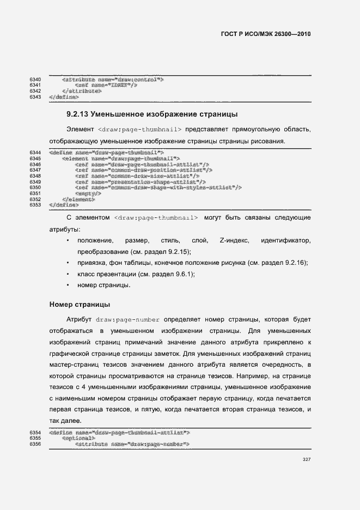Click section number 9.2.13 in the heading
[x=77, y=114]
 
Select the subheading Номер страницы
[x=80, y=304]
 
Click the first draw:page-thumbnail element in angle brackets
[x=141, y=129]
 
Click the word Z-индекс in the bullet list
[x=234, y=240]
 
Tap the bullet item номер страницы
[x=103, y=285]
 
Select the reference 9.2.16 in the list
[x=295, y=263]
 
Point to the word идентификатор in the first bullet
[x=286, y=240]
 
